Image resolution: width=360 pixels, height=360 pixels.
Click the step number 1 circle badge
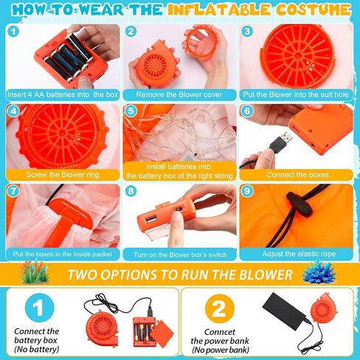[13, 31]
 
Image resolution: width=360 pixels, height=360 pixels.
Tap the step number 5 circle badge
[131, 111]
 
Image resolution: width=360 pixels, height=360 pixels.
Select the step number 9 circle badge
[247, 191]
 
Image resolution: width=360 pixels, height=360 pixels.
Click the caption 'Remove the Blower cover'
[179, 94]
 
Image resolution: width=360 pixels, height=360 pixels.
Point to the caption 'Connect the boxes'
[297, 175]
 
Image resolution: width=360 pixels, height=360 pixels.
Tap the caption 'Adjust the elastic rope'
[299, 254]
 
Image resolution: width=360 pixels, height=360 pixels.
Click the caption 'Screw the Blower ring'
[63, 175]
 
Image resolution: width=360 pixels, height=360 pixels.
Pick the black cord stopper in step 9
[300, 204]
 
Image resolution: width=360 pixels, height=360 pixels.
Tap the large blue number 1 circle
[39, 308]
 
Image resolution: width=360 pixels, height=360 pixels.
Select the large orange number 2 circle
[220, 309]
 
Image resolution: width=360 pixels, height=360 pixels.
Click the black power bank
[284, 308]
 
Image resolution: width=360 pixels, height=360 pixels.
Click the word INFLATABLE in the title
[218, 10]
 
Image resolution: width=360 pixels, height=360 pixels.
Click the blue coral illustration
[319, 273]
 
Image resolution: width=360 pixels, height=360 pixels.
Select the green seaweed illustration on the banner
[35, 272]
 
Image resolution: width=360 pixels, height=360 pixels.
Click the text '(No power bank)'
[221, 350]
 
